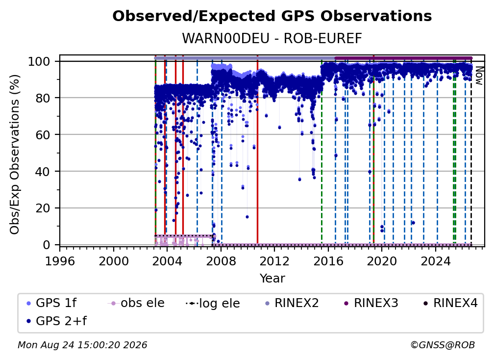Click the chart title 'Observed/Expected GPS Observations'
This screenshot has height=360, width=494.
click(x=272, y=16)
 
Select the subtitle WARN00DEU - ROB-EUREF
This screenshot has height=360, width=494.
click(x=272, y=38)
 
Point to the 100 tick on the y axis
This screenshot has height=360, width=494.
click(x=43, y=61)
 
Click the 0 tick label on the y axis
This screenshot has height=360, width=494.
click(x=46, y=245)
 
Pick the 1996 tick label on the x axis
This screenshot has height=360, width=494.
click(x=60, y=261)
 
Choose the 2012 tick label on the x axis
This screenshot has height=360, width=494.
click(x=274, y=261)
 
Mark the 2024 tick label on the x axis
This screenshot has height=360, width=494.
click(x=435, y=261)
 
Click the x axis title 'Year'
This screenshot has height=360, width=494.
click(x=272, y=279)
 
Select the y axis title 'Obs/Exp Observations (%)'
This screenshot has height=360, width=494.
click(x=15, y=154)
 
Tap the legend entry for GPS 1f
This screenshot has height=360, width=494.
click(x=51, y=303)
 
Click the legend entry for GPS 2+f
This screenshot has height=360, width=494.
click(x=57, y=321)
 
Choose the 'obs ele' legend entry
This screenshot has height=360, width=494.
click(x=136, y=303)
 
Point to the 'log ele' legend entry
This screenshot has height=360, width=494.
click(x=213, y=303)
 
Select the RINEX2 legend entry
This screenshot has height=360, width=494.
click(x=292, y=303)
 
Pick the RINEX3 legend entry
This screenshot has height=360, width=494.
click(x=371, y=303)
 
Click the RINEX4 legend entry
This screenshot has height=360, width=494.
click(x=451, y=303)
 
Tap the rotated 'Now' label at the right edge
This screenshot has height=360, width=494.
click(x=479, y=76)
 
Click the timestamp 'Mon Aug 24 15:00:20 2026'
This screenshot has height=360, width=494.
click(x=82, y=345)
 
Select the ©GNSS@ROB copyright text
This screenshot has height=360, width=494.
click(x=443, y=345)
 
